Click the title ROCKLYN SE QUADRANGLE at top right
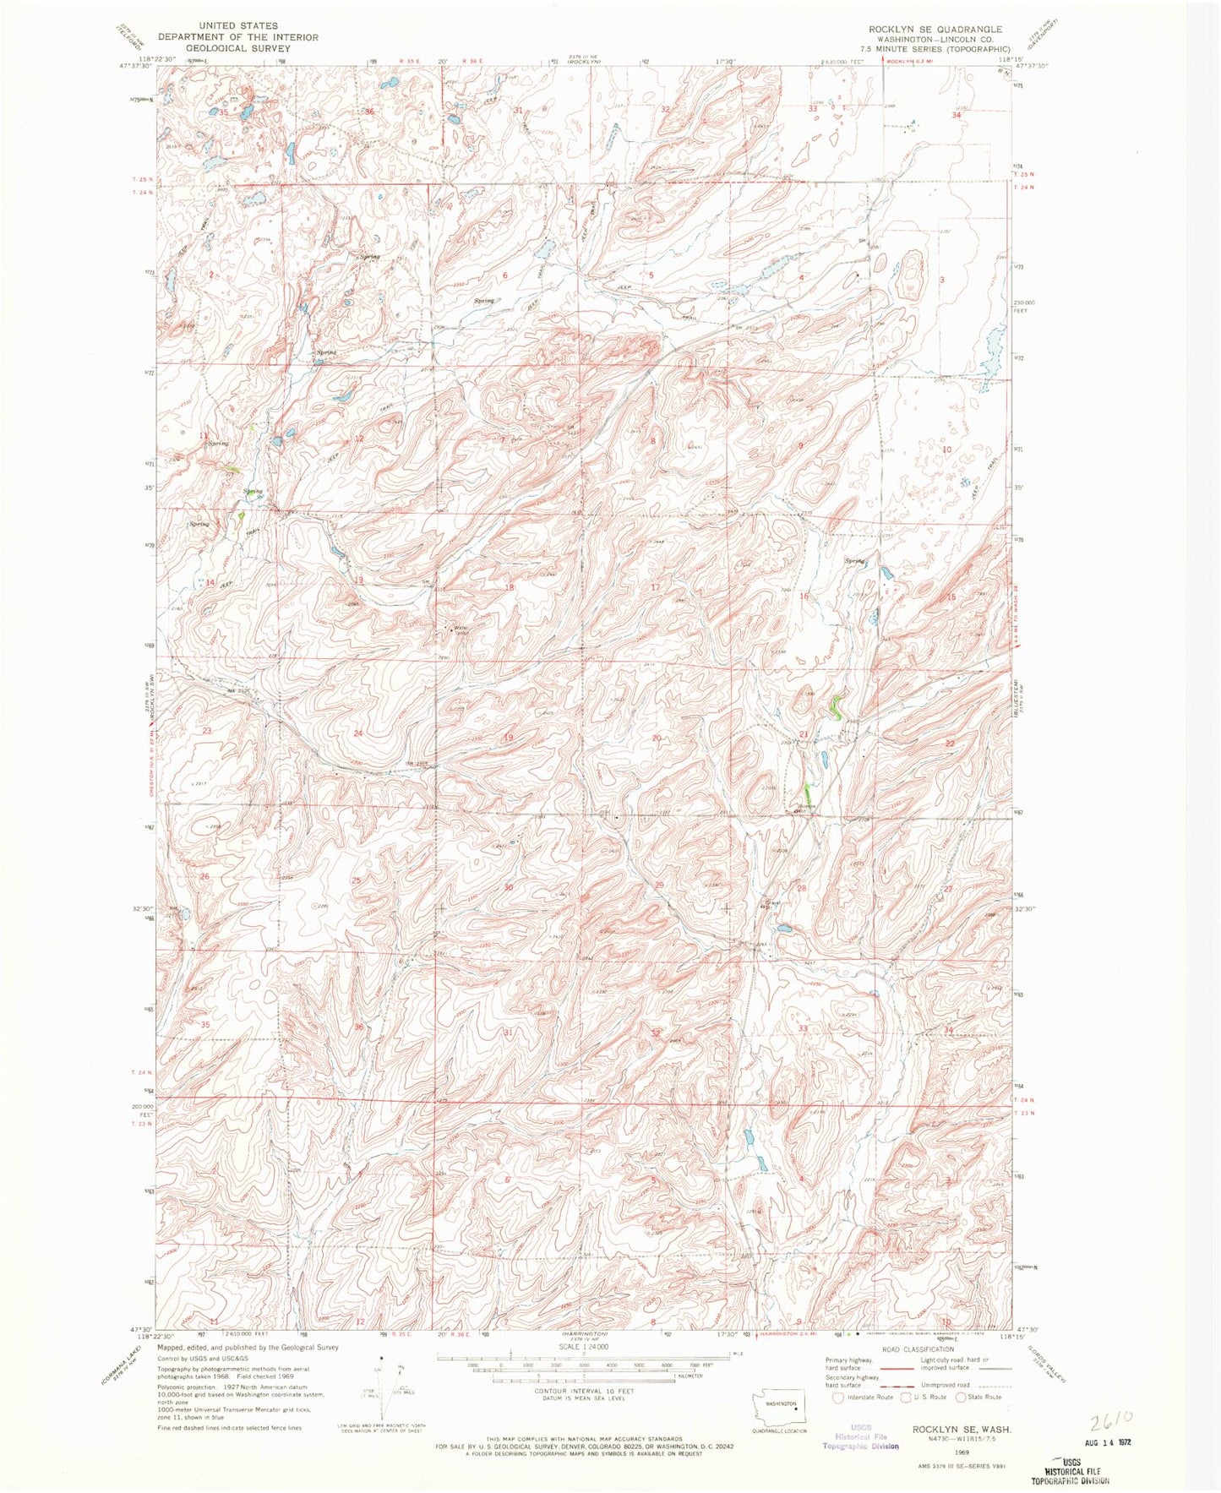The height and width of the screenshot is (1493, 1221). coord(935,29)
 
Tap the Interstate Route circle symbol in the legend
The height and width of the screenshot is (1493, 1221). coord(838,1397)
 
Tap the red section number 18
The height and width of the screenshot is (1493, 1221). coord(510,587)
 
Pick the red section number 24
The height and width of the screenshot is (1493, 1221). coord(358,733)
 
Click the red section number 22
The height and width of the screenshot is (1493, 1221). coord(950,743)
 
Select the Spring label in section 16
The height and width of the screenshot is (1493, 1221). coord(854,560)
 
